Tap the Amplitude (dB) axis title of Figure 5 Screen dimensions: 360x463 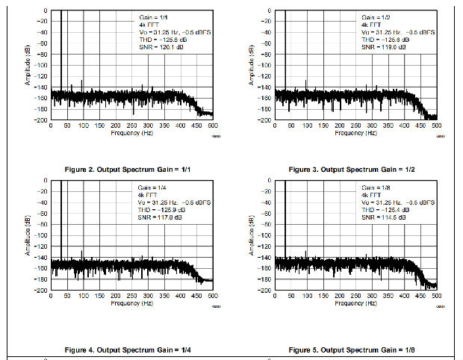coord(251,236)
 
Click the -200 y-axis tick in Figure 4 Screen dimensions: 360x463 coord(43,289)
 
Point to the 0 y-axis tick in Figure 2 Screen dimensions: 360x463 coord(46,11)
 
